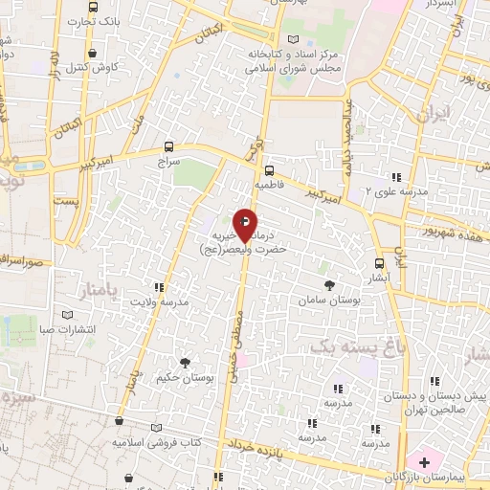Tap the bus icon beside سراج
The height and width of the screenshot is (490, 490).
click(169, 146)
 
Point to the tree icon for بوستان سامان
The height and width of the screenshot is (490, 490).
click(330, 284)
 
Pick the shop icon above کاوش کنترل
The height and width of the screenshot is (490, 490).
click(92, 54)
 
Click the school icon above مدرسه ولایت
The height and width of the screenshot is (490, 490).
click(159, 287)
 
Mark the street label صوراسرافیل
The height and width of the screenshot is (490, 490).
click(24, 259)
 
